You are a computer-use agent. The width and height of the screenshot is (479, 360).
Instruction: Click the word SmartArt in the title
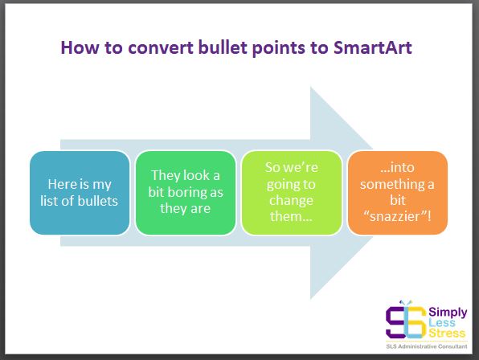[372, 47]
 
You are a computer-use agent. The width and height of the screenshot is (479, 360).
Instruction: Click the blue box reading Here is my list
[80, 193]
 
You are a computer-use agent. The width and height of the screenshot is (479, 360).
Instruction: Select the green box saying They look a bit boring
[186, 193]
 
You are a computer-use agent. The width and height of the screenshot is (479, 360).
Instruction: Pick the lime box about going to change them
[292, 193]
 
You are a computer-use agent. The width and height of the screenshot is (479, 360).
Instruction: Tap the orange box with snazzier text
[398, 193]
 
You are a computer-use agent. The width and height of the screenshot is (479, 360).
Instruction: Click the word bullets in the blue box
[98, 201]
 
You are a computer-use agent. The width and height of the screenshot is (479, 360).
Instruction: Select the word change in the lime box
[291, 201]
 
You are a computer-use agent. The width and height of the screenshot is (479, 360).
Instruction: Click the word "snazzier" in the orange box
[398, 216]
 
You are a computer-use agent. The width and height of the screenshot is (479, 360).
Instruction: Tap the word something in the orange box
[392, 185]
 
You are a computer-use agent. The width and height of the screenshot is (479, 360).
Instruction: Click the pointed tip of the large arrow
[373, 193]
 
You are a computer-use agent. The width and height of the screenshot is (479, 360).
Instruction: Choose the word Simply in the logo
[448, 313]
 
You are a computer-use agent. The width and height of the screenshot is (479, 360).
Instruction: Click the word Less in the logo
[442, 323]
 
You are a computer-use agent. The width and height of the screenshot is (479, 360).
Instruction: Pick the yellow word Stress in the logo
[447, 333]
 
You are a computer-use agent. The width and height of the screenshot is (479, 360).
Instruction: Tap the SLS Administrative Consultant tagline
[427, 346]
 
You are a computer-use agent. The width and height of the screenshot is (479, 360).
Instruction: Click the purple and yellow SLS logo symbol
[406, 321]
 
